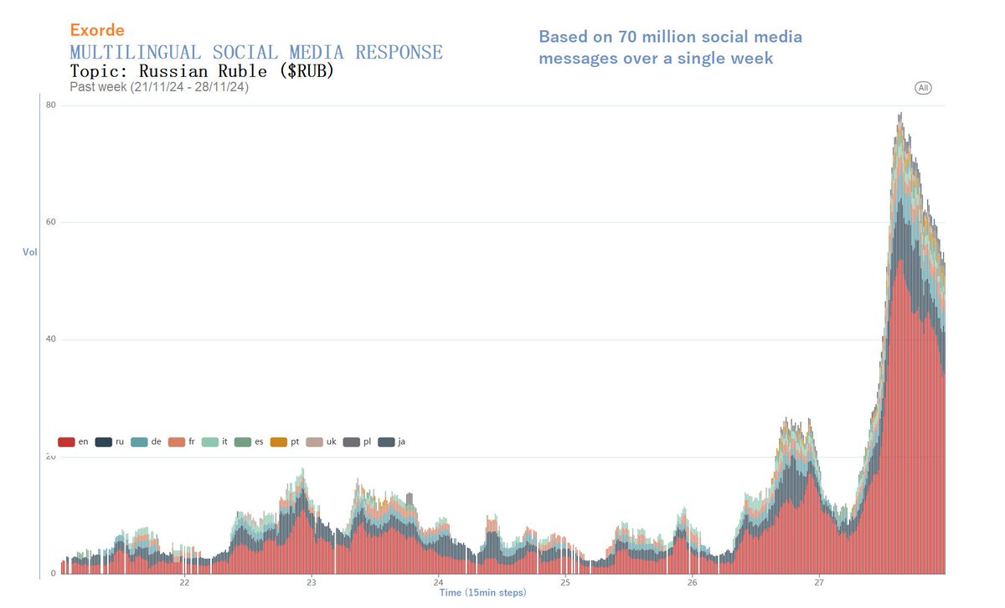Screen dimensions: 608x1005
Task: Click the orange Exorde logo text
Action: coord(97,30)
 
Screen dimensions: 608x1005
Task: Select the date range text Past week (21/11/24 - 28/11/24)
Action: coord(159,87)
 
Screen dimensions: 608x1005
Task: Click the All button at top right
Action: coord(923,88)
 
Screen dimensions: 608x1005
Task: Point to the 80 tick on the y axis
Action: coord(51,105)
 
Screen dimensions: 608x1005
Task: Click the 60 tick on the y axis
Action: coord(51,222)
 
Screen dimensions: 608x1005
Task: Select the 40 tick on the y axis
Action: coord(51,339)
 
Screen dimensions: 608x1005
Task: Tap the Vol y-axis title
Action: coord(29,251)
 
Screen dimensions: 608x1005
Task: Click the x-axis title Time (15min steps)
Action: coord(483,593)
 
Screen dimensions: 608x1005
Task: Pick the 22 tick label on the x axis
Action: coord(184,583)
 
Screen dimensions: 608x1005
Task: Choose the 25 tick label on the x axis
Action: coord(565,583)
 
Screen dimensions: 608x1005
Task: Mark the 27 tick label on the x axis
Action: coord(819,583)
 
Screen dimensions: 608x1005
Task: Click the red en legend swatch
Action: coord(66,441)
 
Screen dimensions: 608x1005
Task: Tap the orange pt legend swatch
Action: coord(278,441)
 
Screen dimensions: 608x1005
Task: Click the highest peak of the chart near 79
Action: coord(900,114)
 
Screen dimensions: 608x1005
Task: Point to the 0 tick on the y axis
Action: coord(53,574)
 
